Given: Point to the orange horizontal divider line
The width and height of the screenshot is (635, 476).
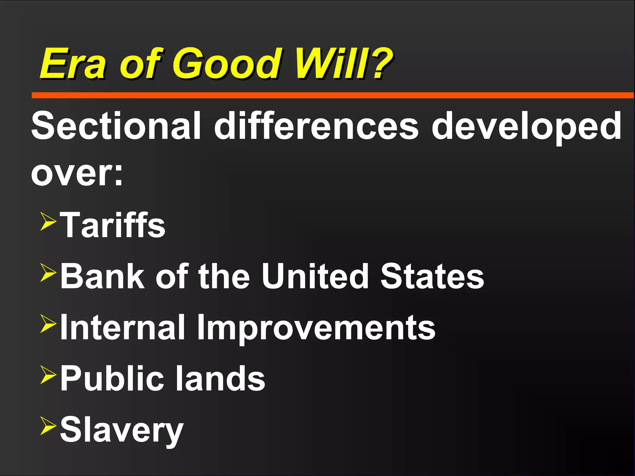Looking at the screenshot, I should (332, 95).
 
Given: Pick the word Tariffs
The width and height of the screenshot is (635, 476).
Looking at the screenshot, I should (113, 225).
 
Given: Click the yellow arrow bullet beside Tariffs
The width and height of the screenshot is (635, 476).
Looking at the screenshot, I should (48, 221).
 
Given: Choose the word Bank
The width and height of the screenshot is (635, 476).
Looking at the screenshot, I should (103, 276).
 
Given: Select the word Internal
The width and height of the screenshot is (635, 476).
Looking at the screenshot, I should (123, 327).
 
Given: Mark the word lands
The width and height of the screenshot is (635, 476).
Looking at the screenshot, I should (220, 378).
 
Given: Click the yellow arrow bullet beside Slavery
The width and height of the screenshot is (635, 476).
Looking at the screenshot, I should (48, 426).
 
